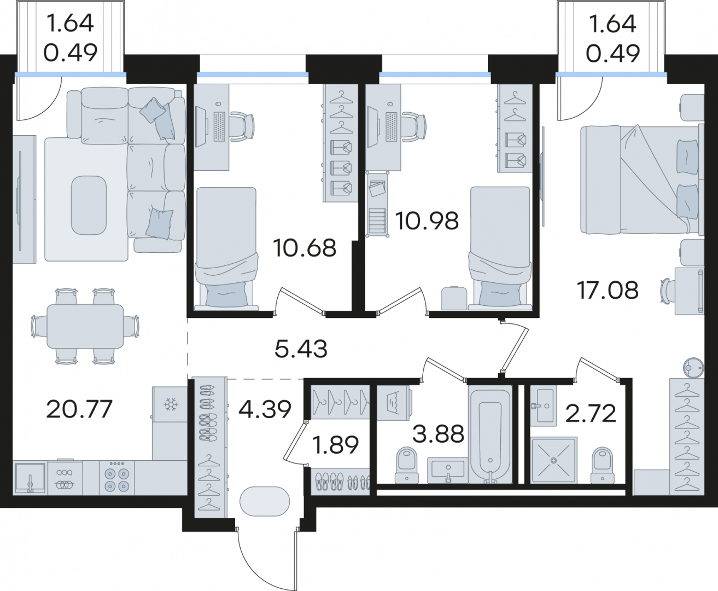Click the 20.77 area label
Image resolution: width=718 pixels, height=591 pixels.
79,409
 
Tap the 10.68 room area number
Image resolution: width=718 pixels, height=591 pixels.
305,248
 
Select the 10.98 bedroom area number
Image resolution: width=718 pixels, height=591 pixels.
427,221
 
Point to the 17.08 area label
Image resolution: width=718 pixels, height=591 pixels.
608,290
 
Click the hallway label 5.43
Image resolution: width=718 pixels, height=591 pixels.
301,349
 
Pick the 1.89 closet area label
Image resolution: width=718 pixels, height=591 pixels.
336,445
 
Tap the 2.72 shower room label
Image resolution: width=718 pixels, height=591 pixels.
591,414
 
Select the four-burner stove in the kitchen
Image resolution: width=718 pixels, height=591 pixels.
117,478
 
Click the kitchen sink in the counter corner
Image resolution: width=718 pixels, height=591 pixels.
30,478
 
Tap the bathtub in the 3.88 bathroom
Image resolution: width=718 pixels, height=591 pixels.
490,434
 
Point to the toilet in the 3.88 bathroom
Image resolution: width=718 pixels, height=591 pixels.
407,464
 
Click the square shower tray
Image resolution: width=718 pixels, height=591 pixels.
554,460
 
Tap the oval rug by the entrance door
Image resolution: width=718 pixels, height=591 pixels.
265,501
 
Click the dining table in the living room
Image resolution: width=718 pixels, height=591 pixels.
85,327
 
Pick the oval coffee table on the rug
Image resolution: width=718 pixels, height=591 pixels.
89,205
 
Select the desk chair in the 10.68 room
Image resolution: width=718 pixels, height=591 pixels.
242,126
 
